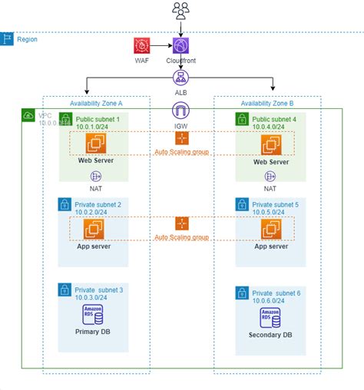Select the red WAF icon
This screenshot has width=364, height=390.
coord(141,45)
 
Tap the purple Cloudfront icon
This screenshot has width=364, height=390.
coord(182,45)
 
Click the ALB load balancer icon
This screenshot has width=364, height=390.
coord(182,78)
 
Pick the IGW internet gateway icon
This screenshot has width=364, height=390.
coord(182,110)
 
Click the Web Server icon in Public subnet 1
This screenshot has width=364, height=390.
coord(98,144)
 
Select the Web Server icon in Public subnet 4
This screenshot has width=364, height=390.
coord(270,144)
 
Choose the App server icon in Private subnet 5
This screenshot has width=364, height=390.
coord(270,228)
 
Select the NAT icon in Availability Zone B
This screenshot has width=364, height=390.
coord(270,175)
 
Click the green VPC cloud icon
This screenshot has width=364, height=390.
coord(28,115)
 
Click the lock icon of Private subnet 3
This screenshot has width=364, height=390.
coord(65,290)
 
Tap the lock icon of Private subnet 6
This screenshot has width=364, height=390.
coord(241,293)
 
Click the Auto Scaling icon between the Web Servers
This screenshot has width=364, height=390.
coord(182,139)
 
